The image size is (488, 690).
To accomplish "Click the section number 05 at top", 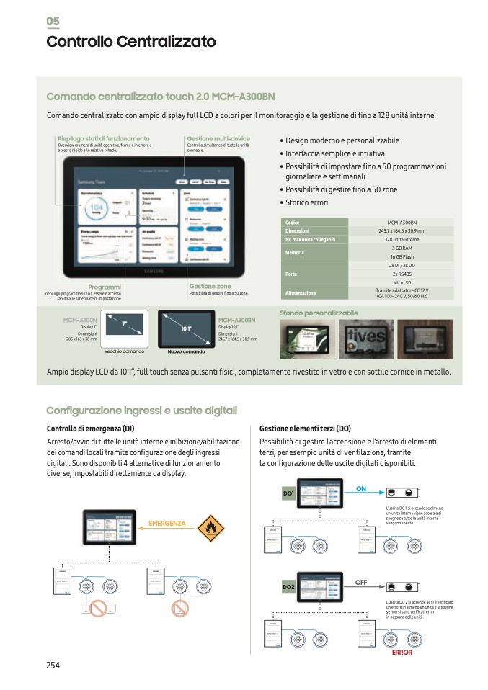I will [x=53, y=21].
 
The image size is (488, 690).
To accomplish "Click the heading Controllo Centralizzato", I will [x=130, y=42].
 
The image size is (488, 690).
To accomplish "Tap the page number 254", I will [x=53, y=665].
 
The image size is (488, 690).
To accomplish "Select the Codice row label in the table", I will [x=292, y=223].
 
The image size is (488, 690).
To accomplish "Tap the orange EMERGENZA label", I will [x=167, y=523].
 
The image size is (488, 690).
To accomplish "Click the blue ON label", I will [x=361, y=489].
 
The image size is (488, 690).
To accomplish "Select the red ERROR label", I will [x=402, y=653].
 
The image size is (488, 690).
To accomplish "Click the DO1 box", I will [x=288, y=493].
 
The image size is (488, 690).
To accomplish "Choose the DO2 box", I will [x=288, y=588].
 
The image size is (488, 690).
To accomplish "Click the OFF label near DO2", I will [x=362, y=581].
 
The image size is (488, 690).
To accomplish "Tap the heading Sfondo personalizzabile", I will [x=318, y=313].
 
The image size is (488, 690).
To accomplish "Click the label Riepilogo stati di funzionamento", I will [x=104, y=138].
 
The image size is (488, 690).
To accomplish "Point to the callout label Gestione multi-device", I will [x=218, y=138].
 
